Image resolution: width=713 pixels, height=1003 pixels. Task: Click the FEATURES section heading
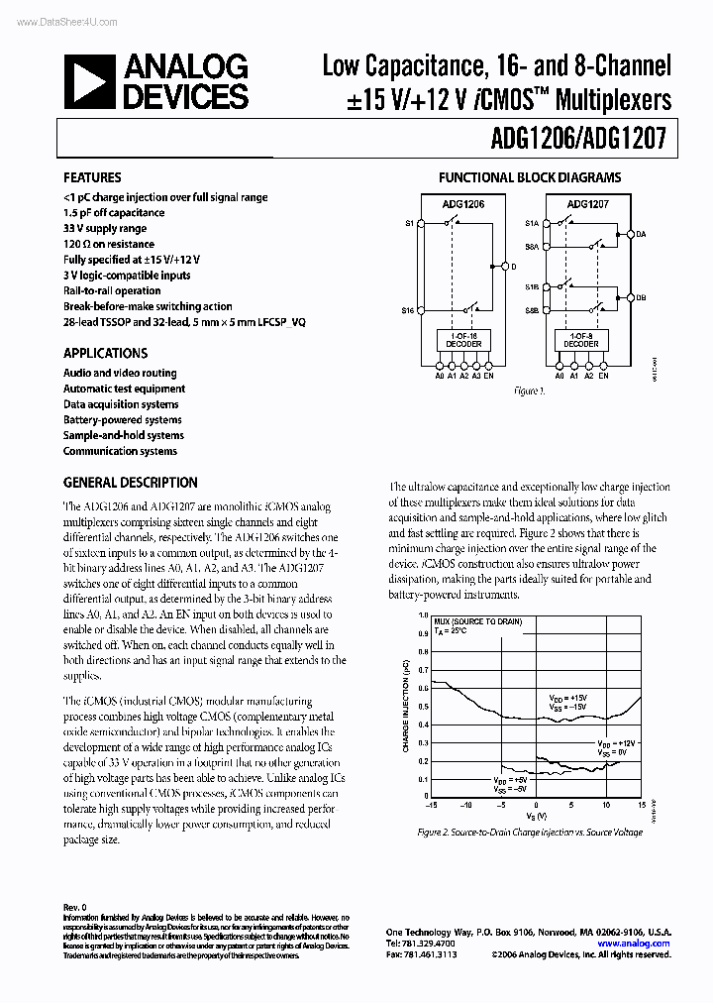pos(92,178)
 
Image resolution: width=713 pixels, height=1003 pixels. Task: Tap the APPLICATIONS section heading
pos(105,353)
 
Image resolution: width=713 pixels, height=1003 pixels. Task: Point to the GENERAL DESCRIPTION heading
pos(130,483)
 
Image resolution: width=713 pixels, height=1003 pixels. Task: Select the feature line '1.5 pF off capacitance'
pos(114,212)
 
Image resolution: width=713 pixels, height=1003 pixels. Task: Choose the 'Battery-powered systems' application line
pos(123,420)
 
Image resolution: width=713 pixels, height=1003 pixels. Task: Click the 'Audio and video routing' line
pos(120,374)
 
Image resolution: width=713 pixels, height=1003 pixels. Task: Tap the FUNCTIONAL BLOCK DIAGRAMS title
pos(530,178)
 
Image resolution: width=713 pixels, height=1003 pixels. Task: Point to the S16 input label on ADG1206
pos(408,311)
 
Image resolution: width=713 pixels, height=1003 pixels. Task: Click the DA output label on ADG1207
pos(641,235)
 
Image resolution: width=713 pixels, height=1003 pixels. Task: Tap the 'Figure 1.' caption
pos(529,392)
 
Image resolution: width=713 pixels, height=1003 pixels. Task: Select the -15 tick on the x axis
pos(431,806)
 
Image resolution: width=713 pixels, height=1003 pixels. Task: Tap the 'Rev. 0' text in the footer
pos(76,907)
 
